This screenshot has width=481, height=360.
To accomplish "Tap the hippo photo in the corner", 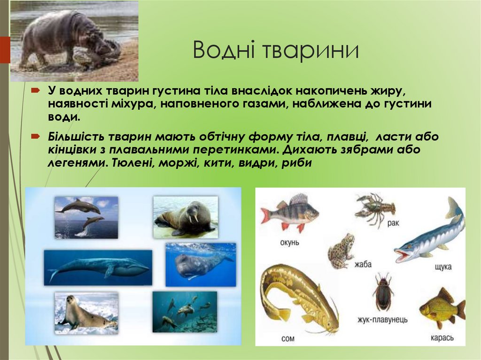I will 74,41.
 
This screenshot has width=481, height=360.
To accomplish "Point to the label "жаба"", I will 362,264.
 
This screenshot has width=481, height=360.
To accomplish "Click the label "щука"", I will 443,267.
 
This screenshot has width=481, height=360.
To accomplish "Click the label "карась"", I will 442,337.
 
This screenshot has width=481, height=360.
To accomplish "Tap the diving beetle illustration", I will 383,292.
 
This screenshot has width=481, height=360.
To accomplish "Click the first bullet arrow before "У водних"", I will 37,90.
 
